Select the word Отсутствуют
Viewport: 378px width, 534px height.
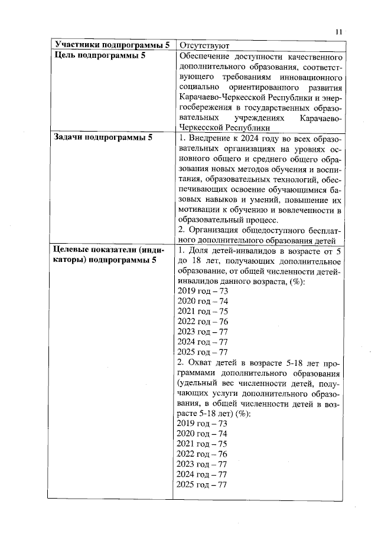[204, 45]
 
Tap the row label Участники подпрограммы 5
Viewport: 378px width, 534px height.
[112, 45]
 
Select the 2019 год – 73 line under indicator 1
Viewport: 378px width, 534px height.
[203, 291]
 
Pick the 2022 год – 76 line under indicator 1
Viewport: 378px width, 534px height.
[203, 322]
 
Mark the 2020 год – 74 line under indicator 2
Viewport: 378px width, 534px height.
[203, 434]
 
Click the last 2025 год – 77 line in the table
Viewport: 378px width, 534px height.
[203, 484]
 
